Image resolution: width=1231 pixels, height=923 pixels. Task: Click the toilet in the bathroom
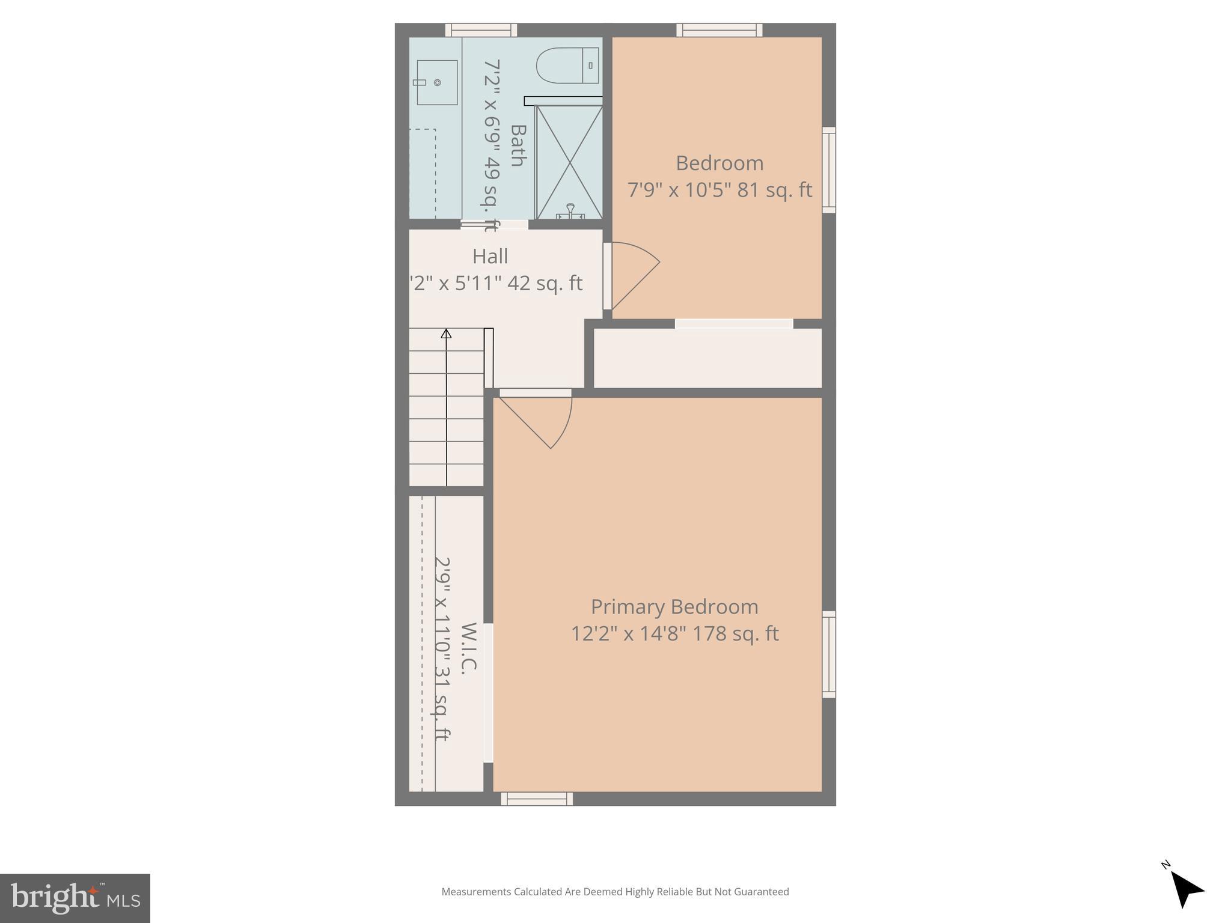point(567,65)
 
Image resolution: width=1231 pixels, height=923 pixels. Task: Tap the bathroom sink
point(436,82)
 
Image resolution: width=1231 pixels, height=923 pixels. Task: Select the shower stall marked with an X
point(569,162)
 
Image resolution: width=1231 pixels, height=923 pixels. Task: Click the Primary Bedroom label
point(674,606)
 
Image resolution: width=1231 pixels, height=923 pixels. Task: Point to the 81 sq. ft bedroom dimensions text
point(719,190)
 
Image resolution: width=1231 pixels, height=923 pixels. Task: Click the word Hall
point(490,256)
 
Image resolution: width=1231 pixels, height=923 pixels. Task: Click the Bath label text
point(518,145)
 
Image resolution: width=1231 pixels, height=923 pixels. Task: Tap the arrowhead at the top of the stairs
point(446,333)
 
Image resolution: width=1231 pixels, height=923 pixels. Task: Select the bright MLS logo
point(75,898)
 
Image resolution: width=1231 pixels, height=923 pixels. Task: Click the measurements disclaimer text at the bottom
point(615,892)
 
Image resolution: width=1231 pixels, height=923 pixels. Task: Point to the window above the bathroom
point(481,30)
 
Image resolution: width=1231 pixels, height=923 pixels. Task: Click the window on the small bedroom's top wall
point(719,30)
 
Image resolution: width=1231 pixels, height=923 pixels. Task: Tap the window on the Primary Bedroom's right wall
point(829,654)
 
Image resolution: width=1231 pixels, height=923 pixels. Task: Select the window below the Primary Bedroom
point(537,799)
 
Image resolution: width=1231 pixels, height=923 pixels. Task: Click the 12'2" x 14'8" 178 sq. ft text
point(674,634)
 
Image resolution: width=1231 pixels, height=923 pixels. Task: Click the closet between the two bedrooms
point(707,358)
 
